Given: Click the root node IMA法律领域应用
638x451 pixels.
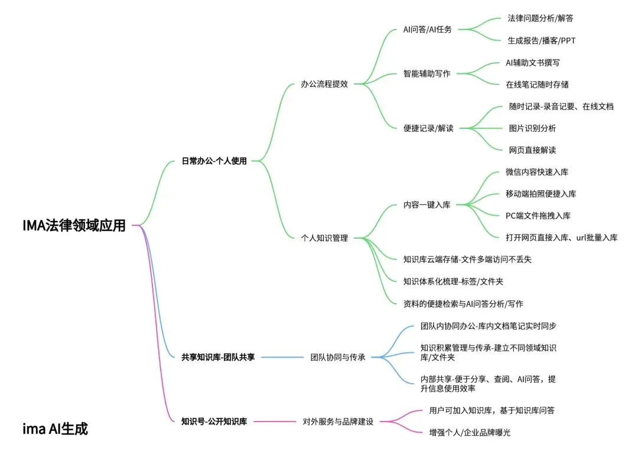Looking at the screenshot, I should point(74,225).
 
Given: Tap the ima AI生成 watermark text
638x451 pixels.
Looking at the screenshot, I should point(55,429).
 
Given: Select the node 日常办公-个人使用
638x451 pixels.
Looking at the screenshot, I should point(214,161).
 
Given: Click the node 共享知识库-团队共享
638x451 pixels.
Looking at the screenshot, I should point(218,357).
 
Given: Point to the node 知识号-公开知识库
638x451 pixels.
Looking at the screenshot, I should point(214,421).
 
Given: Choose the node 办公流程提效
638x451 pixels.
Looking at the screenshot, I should point(324,84).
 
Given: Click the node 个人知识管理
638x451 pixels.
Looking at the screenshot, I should point(324,238).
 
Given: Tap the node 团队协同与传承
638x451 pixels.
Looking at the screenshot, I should point(338,357).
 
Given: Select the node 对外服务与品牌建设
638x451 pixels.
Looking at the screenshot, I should point(338,421).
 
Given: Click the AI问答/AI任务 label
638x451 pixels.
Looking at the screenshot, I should point(427,30).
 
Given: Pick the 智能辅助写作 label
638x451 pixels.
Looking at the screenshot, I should point(427,74).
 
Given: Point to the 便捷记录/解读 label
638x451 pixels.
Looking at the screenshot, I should point(428,128).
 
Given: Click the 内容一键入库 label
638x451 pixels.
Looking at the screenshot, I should point(427,205).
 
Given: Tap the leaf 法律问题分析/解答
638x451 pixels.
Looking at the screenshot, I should point(540,18).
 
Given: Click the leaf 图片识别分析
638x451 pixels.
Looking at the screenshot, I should point(532,128).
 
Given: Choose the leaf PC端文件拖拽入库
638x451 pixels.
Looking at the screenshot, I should point(538,216).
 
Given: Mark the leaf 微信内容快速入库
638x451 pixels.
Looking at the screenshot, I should point(537,172).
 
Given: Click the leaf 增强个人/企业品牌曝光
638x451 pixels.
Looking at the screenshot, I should point(470,433).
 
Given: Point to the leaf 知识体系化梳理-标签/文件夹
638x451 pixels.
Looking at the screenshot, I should point(453,281).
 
